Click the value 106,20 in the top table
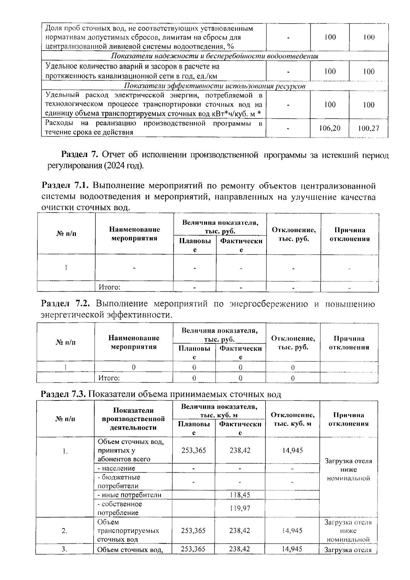click(x=330, y=128)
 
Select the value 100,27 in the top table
click(x=368, y=128)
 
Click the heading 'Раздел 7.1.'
click(x=65, y=186)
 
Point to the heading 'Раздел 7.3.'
click(x=64, y=394)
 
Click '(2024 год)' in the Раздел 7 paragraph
click(x=126, y=166)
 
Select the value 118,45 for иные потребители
click(x=240, y=495)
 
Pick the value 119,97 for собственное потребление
click(x=240, y=508)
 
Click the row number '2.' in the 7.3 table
click(x=65, y=531)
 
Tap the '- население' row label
click(x=117, y=468)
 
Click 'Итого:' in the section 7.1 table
click(x=109, y=287)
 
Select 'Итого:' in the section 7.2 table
click(x=109, y=378)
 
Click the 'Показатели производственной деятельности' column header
click(x=133, y=419)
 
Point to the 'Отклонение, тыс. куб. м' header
click(x=292, y=419)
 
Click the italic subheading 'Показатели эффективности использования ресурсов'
click(x=214, y=86)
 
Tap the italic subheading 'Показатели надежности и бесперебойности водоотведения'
click(x=214, y=56)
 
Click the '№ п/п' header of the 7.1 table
click(x=66, y=234)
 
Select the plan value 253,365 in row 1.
click(x=194, y=450)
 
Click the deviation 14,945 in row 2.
click(x=292, y=531)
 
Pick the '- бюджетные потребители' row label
click(x=119, y=482)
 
